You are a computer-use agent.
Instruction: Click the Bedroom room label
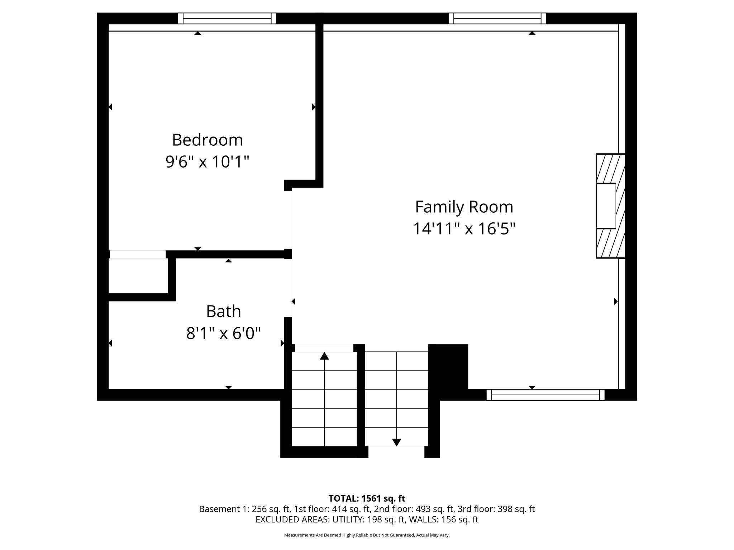pos(207,140)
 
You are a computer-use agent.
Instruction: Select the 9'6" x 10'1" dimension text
pos(207,162)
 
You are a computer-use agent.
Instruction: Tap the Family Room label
pos(464,207)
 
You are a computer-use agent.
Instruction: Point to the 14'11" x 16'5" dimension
pos(464,229)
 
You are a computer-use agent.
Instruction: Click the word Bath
pos(223,312)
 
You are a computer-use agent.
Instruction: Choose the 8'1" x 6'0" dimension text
pos(223,334)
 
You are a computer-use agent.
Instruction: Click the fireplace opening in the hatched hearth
pos(606,206)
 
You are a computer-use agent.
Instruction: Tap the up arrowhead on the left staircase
pos(324,356)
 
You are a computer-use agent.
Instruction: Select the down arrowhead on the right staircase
pos(396,443)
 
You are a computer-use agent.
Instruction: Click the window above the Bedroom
pos(227,18)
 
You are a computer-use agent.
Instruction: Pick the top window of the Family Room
pos(497,18)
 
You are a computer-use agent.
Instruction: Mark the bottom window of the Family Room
pos(545,395)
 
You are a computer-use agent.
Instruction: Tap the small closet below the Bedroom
pos(138,276)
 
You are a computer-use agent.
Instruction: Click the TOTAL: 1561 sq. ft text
pos(367,498)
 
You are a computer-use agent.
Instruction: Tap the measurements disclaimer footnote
pos(367,535)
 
